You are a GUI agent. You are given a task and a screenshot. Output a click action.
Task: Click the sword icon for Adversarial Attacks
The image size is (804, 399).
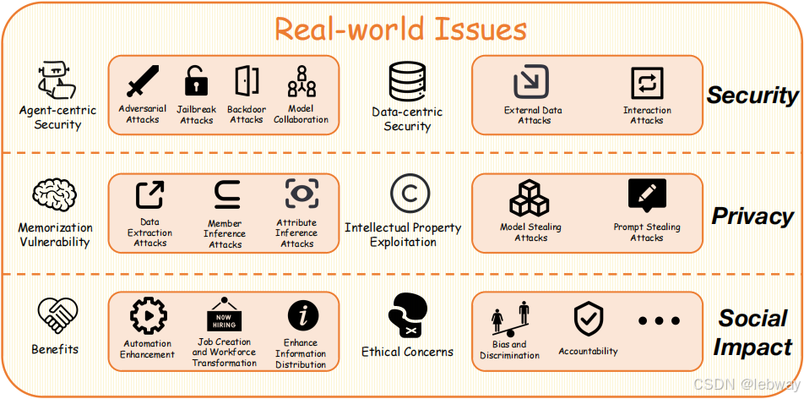click(x=142, y=83)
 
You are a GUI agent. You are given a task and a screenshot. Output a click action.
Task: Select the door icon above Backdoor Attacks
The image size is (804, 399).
click(x=247, y=81)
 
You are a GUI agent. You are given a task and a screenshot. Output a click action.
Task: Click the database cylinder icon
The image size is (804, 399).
click(x=406, y=83)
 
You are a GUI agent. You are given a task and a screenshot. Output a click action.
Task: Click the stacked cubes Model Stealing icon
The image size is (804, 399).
click(x=530, y=198)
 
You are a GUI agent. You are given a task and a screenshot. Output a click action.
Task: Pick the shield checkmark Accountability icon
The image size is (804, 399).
click(x=588, y=320)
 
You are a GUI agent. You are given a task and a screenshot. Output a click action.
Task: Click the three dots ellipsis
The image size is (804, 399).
click(x=659, y=320)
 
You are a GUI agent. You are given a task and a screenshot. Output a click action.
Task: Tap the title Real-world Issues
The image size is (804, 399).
click(x=401, y=29)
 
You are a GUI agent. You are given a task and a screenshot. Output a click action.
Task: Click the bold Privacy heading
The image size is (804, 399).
click(x=752, y=216)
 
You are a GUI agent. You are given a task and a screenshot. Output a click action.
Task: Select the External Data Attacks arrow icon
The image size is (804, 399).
click(x=532, y=83)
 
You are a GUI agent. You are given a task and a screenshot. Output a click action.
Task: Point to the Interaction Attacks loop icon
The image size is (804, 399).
click(x=647, y=84)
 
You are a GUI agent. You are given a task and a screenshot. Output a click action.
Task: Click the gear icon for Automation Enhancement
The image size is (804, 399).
click(x=148, y=316)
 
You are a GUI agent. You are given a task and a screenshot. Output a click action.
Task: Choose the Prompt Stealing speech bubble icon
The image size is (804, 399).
click(x=647, y=196)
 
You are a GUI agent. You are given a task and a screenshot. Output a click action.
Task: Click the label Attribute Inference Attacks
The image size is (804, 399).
click(x=297, y=233)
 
